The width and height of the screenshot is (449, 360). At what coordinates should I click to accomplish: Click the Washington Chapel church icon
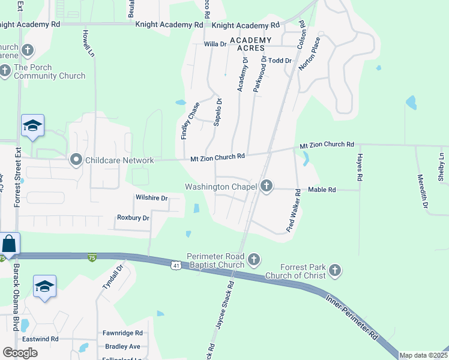[x=267, y=187]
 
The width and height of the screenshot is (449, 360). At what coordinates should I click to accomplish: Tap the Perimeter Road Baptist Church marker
[x=254, y=260]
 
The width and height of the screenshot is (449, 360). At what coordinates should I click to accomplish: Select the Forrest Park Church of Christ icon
[x=335, y=271]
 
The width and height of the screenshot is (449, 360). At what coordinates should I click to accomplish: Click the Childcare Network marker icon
[x=76, y=160]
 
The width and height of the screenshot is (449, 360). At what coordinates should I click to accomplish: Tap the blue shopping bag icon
[x=10, y=244]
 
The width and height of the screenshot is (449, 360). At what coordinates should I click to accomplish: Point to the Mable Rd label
[x=322, y=190]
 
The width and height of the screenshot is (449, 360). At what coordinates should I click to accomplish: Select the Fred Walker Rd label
[x=292, y=211]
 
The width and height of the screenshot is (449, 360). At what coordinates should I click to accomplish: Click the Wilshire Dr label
[x=151, y=198]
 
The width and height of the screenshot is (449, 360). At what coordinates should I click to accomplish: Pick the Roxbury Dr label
[x=133, y=218]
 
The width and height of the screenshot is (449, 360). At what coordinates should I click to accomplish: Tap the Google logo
[x=20, y=353]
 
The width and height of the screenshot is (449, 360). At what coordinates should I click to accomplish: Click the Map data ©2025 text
[x=423, y=355]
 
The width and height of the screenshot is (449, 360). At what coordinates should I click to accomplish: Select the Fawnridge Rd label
[x=122, y=333]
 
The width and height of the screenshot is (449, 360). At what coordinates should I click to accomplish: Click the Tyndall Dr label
[x=108, y=276]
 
